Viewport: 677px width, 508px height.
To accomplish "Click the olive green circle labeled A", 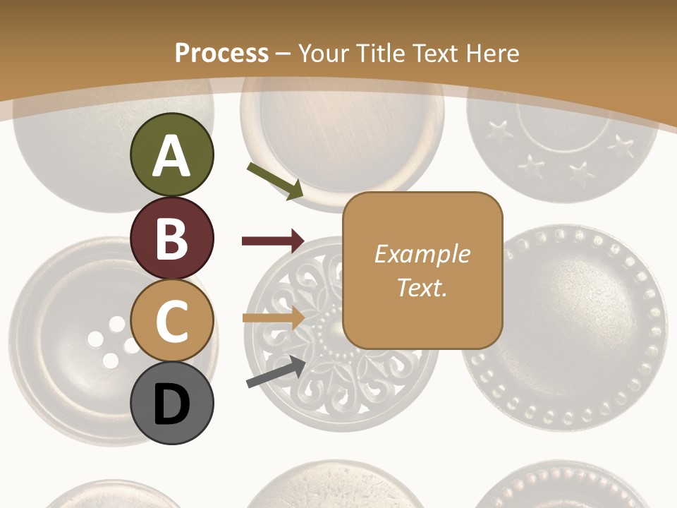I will click(172, 155).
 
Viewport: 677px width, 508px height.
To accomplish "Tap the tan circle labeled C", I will click(172, 321).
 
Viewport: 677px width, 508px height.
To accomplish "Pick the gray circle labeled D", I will click(172, 404).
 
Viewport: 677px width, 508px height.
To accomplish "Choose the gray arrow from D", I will click(275, 372).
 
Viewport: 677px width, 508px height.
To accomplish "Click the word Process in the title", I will click(221, 53).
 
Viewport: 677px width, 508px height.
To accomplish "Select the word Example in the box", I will click(422, 254).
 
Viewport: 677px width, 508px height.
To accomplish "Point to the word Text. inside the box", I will click(422, 287).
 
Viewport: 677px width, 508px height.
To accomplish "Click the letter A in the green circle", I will click(172, 156).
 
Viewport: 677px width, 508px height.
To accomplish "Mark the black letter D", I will click(172, 406).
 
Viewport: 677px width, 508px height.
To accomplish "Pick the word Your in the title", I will click(323, 53).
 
